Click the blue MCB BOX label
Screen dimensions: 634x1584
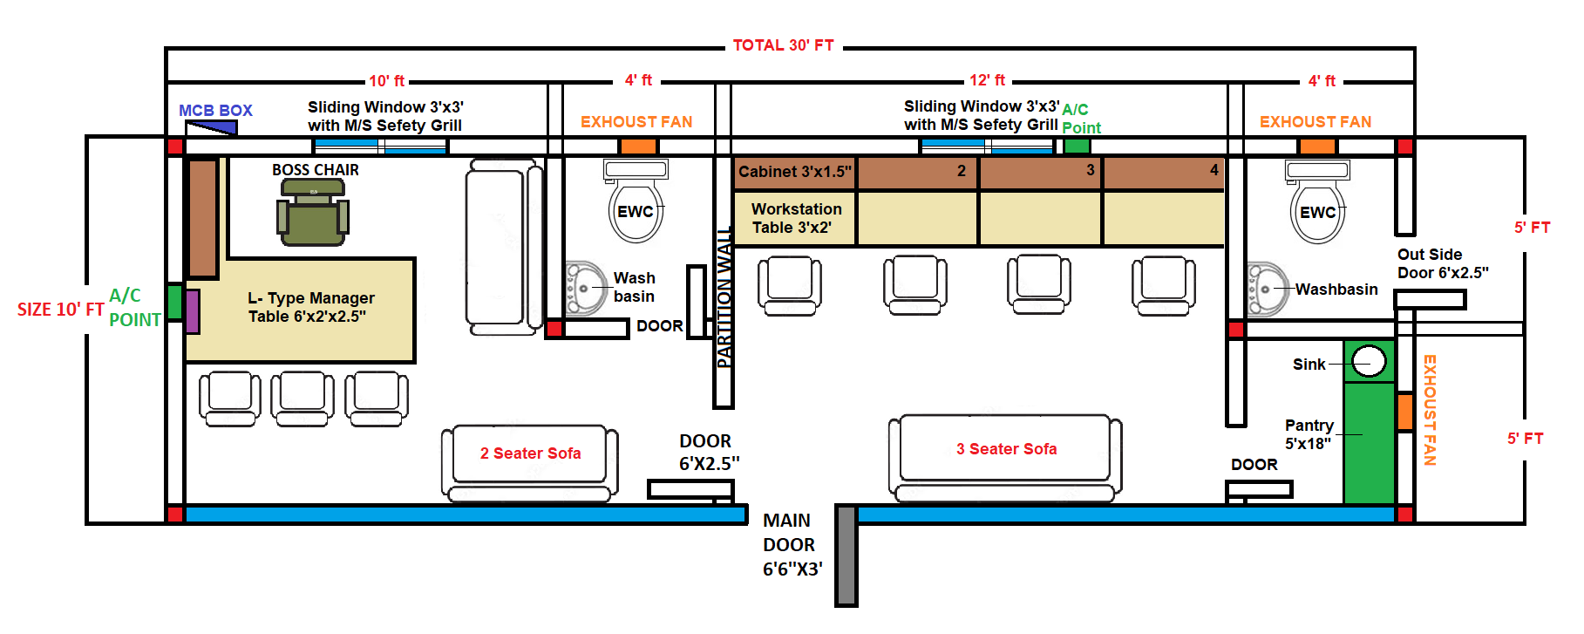point(215,111)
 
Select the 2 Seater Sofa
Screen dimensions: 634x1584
point(530,453)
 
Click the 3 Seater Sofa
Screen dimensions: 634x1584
point(1006,449)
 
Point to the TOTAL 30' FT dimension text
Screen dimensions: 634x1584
point(783,45)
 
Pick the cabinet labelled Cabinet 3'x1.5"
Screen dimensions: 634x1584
point(794,172)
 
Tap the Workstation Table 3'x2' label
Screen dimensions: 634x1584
point(796,218)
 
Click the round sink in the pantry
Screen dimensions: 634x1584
point(1369,361)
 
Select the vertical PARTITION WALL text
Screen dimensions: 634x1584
point(724,297)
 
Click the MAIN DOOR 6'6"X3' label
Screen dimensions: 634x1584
point(792,545)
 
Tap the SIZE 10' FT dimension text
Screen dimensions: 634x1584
point(60,310)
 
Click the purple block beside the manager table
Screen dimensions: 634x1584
point(193,311)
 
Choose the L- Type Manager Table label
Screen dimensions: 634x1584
point(310,307)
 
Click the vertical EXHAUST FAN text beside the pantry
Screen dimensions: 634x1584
point(1430,410)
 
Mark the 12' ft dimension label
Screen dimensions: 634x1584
point(987,80)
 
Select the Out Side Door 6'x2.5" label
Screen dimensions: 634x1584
point(1443,263)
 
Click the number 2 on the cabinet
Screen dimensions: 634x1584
point(962,171)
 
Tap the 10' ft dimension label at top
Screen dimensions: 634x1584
point(386,81)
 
